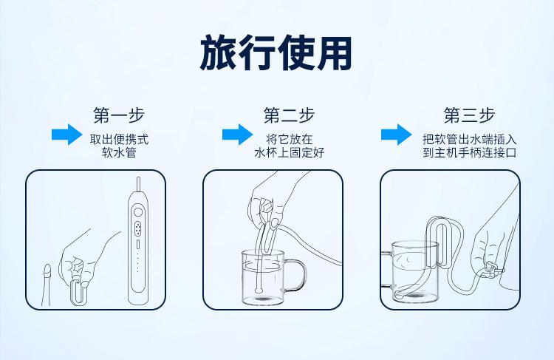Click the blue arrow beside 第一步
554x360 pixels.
(66, 135)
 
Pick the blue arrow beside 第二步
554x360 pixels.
(237, 135)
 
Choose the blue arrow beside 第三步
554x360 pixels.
(396, 135)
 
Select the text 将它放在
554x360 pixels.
(289, 138)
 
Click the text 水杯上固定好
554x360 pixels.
(289, 153)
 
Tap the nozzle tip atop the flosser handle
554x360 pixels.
(138, 183)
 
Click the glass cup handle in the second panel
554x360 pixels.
(296, 275)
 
